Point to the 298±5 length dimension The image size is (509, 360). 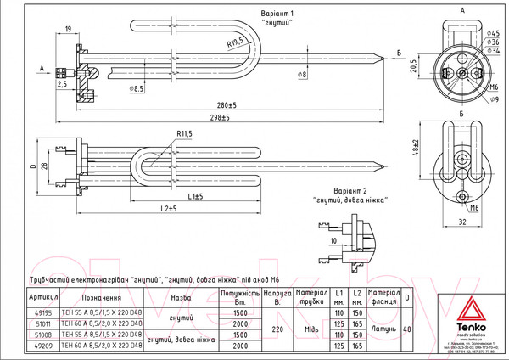tap(219, 117)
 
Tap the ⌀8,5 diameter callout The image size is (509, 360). tap(137, 87)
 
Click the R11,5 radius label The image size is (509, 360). tap(186, 134)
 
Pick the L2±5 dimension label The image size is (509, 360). tap(167, 208)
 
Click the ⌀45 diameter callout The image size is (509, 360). tap(495, 33)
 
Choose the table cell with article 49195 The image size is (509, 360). tap(42, 313)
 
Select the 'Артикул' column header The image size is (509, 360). tap(42, 298)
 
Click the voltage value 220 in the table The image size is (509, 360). tap(276, 329)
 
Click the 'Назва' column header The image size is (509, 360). tap(181, 298)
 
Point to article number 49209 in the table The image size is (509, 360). tap(42, 346)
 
